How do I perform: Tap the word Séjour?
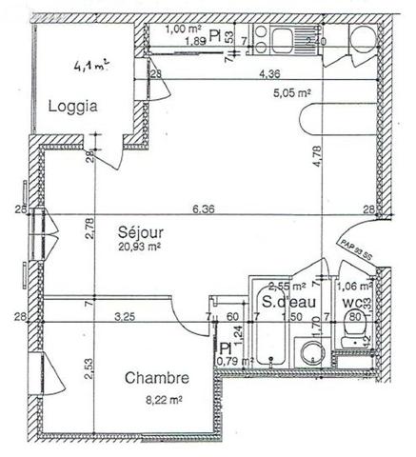pyautogui.click(x=139, y=231)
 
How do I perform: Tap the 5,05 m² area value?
pyautogui.click(x=292, y=93)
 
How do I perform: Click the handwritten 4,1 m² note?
pyautogui.click(x=91, y=67)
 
